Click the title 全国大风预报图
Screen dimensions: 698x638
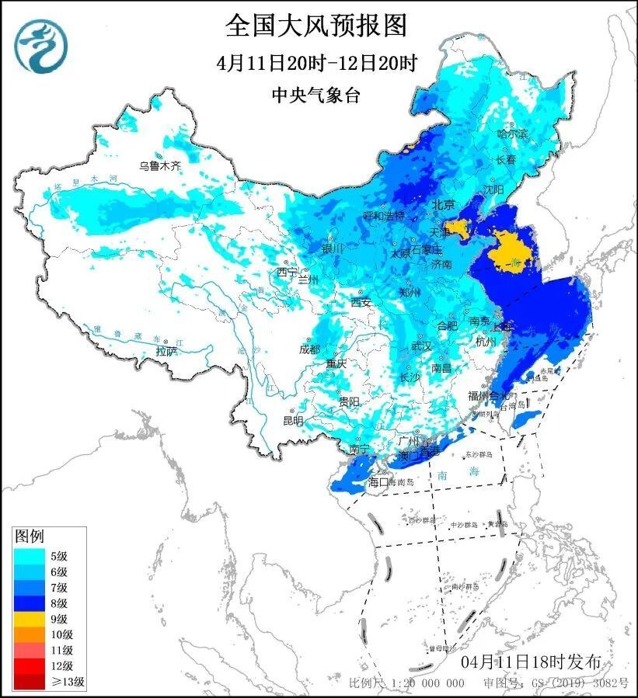(x=316, y=25)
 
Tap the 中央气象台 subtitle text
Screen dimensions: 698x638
(x=316, y=95)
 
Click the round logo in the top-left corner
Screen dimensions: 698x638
(x=41, y=46)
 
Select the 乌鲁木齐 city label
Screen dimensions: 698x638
(x=159, y=165)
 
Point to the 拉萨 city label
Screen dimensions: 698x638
(x=166, y=352)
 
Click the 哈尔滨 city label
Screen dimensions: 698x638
(x=512, y=134)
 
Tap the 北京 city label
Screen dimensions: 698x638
(x=443, y=205)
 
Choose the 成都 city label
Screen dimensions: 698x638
(x=309, y=349)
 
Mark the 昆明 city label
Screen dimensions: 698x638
(x=293, y=421)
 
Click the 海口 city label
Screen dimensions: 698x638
(x=378, y=482)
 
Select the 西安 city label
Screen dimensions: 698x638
(x=361, y=301)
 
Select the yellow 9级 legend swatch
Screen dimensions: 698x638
(x=28, y=619)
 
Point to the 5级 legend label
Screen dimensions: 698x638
(x=58, y=555)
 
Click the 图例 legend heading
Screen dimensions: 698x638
(x=30, y=536)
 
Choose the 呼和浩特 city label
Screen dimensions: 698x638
(x=384, y=215)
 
